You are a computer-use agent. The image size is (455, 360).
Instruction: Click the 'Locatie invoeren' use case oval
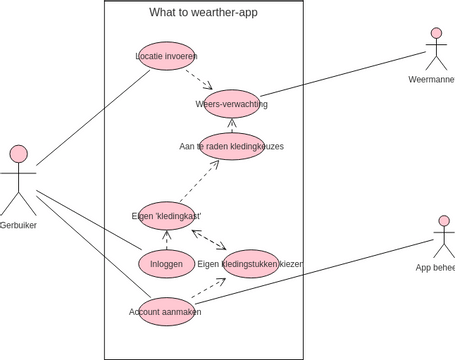pyautogui.click(x=166, y=56)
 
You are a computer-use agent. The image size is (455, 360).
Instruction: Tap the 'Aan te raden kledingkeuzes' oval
pyautogui.click(x=231, y=146)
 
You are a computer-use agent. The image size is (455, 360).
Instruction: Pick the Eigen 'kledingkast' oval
pyautogui.click(x=167, y=215)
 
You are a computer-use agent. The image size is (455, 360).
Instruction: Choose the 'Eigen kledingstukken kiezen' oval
pyautogui.click(x=250, y=263)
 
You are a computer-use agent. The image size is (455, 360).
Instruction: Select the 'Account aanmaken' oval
pyautogui.click(x=165, y=311)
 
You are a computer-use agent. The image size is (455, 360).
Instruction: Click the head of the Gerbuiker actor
pyautogui.click(x=18, y=153)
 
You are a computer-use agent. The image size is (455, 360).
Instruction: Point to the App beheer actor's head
pyautogui.click(x=444, y=221)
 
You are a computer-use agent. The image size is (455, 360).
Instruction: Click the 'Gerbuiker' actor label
pyautogui.click(x=19, y=224)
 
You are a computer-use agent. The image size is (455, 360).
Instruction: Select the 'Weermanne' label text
pyautogui.click(x=432, y=79)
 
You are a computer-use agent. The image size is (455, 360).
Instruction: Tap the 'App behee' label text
pyautogui.click(x=435, y=267)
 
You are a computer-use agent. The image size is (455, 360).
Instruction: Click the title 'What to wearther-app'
pyautogui.click(x=203, y=13)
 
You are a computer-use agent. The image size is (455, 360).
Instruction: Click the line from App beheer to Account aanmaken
pyautogui.click(x=320, y=271)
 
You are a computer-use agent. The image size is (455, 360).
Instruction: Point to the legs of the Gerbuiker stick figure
pyautogui.click(x=18, y=205)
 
